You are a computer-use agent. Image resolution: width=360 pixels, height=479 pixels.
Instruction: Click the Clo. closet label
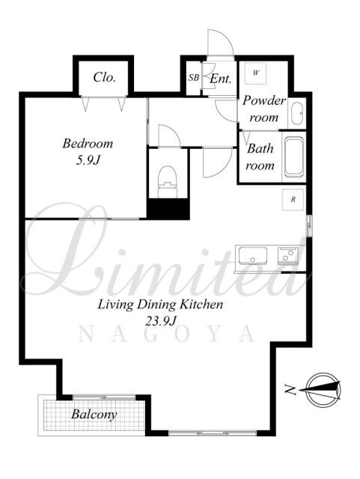104,77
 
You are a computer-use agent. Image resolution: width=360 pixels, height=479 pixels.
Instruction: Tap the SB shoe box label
193,78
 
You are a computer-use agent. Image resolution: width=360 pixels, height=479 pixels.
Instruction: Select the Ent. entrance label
220,79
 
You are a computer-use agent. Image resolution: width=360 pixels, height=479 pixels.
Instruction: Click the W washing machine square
256,73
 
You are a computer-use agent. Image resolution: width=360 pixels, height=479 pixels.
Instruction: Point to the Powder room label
264,109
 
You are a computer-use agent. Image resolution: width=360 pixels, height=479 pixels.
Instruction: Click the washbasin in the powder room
296,114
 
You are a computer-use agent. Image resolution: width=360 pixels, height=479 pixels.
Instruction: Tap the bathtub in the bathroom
294,158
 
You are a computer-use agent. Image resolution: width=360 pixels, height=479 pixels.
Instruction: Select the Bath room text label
260,157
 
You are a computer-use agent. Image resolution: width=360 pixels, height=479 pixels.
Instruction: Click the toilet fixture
167,182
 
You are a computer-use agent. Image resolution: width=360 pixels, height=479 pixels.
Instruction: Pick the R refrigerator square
293,200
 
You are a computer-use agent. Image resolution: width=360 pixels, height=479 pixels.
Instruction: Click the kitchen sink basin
253,255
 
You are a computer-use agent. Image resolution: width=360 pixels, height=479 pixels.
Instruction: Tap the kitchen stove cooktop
287,256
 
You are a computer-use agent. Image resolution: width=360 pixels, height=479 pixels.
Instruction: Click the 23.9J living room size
161,321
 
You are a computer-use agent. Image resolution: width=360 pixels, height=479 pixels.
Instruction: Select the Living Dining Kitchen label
160,305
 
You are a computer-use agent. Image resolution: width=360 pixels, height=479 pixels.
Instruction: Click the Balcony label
94,414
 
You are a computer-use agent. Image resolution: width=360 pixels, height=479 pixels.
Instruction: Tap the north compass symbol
320,390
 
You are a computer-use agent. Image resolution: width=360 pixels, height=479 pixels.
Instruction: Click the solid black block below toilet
168,209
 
